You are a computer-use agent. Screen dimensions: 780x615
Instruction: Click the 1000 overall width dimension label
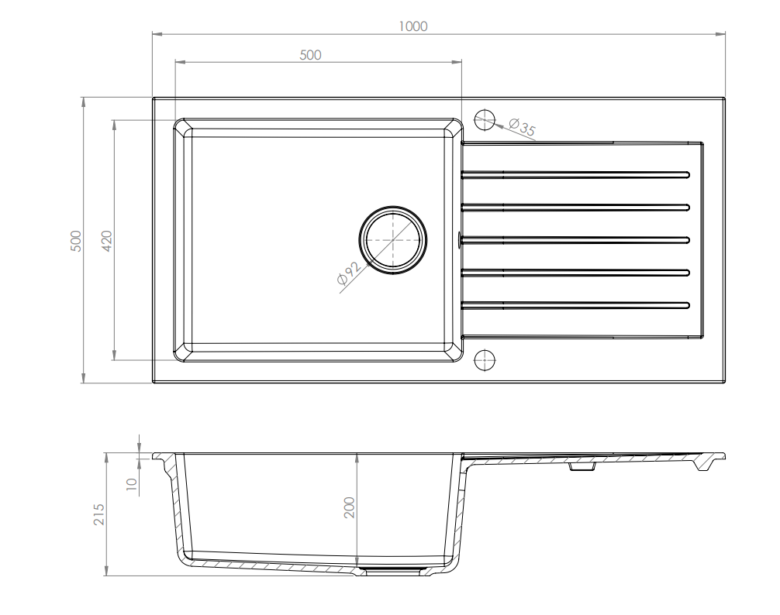pyautogui.click(x=413, y=26)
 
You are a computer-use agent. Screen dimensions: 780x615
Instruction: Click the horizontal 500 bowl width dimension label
pyautogui.click(x=310, y=55)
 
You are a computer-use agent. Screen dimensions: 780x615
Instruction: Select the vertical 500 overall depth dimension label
pyautogui.click(x=76, y=241)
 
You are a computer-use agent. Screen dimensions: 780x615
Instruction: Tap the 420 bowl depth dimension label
pyautogui.click(x=107, y=241)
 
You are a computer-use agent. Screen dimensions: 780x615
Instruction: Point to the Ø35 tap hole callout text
pyautogui.click(x=523, y=127)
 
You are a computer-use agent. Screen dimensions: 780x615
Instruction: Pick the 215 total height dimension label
pyautogui.click(x=99, y=514)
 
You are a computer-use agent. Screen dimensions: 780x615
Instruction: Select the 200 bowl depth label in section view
pyautogui.click(x=350, y=507)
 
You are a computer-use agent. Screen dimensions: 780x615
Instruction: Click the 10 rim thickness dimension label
pyautogui.click(x=132, y=484)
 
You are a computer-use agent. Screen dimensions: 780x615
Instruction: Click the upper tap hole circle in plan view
pyautogui.click(x=485, y=110)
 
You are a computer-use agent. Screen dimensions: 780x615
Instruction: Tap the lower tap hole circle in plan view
pyautogui.click(x=485, y=350)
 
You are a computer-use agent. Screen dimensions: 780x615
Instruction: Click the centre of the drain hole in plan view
pyautogui.click(x=393, y=240)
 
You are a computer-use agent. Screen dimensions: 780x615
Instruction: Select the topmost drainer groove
pyautogui.click(x=575, y=174)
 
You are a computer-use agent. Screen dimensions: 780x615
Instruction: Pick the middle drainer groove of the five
pyautogui.click(x=575, y=240)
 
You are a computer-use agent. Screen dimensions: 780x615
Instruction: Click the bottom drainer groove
pyautogui.click(x=575, y=305)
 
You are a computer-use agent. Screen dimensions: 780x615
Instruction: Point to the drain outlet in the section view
pyautogui.click(x=393, y=572)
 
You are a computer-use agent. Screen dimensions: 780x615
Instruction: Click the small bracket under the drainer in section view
pyautogui.click(x=582, y=467)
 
